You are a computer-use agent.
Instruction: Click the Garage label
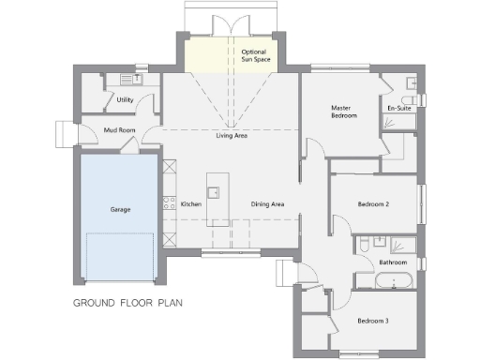[119, 209]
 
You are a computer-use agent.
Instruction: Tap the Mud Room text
[119, 130]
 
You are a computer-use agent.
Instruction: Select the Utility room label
[125, 99]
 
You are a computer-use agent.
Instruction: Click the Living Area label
[232, 136]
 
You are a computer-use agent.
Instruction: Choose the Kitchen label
[191, 204]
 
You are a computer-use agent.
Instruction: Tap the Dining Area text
[267, 204]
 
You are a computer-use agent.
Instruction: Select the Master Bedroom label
[340, 112]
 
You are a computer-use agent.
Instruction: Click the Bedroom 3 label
[372, 322]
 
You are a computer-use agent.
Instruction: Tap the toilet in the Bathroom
[361, 246]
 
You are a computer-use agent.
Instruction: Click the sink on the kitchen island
[214, 193]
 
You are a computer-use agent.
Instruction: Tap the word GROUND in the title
[94, 303]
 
